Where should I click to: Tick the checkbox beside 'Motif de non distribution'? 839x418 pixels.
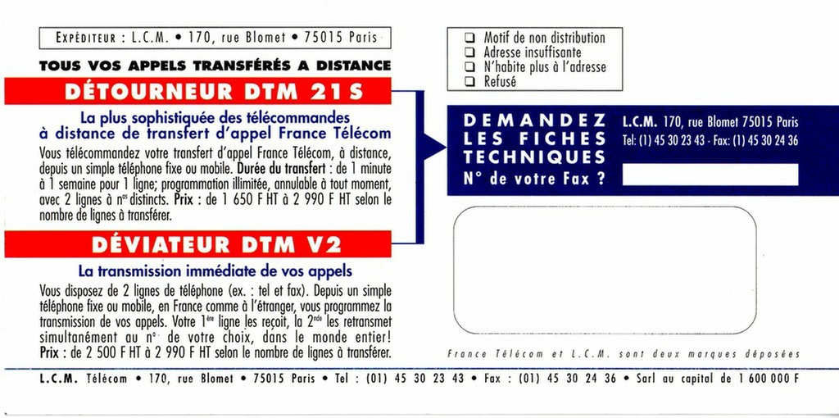[x=469, y=38]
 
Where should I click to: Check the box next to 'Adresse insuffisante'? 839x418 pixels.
[x=469, y=52]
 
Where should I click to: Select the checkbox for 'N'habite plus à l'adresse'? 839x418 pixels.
[x=469, y=67]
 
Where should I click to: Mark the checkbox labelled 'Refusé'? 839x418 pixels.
[x=469, y=82]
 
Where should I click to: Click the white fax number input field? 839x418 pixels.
[x=710, y=175]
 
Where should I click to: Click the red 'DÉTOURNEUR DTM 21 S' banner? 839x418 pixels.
[x=198, y=91]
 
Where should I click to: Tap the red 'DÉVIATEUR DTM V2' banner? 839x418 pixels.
[x=198, y=244]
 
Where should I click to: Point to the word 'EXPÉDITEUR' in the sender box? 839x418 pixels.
[x=85, y=38]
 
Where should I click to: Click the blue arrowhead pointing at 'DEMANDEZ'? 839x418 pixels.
[x=434, y=146]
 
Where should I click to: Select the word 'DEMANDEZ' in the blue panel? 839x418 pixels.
[x=534, y=120]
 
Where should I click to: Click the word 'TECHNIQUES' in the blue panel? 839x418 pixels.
[x=534, y=157]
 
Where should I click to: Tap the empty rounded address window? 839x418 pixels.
[x=605, y=270]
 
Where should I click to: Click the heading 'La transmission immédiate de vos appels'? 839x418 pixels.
[x=215, y=270]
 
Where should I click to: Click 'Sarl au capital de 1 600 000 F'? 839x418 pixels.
[x=717, y=379]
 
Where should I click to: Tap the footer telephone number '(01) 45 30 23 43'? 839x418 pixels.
[x=415, y=379]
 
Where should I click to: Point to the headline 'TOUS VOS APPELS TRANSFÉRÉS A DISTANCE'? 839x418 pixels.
[x=215, y=66]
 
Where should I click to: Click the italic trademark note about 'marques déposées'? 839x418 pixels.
[x=624, y=354]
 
